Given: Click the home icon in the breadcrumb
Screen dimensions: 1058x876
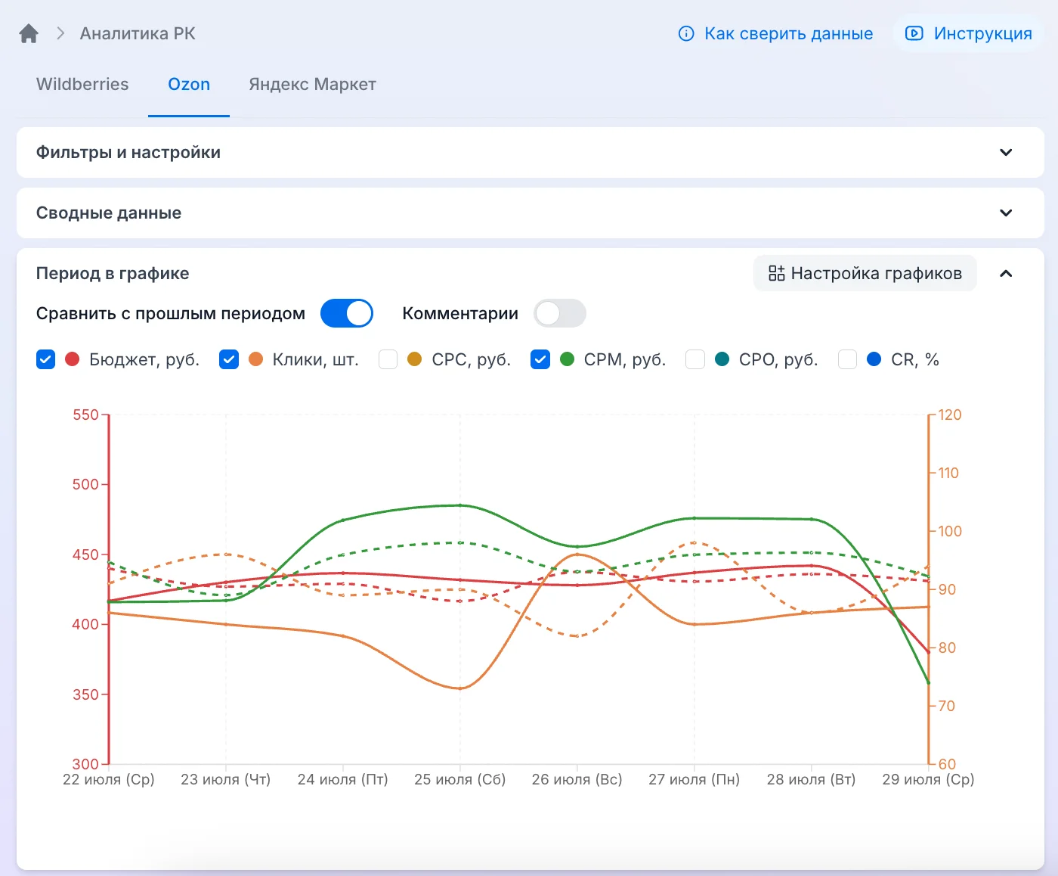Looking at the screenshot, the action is [x=29, y=33].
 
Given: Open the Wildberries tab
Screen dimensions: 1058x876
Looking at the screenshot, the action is [x=82, y=84].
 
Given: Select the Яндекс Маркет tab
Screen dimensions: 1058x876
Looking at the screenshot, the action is [x=312, y=84].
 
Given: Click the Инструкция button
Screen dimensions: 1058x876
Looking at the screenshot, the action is [x=968, y=33].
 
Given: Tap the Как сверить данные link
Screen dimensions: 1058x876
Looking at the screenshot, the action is [x=775, y=33].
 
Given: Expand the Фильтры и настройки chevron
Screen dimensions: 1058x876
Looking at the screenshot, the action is [x=1006, y=152].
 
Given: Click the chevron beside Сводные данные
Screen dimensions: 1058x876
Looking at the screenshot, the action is [x=1006, y=213].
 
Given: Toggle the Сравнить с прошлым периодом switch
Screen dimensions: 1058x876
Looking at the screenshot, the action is [x=347, y=313].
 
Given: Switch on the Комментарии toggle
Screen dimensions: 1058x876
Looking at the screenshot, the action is [x=560, y=313].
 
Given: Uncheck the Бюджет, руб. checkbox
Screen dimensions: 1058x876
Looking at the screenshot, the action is [x=45, y=359].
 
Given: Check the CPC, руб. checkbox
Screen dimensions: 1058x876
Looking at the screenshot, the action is [x=388, y=359].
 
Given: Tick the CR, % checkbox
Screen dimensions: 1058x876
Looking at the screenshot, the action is [x=847, y=359].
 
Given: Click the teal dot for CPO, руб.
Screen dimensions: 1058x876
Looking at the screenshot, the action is [x=722, y=359].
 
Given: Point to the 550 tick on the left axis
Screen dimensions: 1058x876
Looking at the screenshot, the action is [x=85, y=415].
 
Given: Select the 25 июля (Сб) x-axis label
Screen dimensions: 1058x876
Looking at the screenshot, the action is [x=460, y=779].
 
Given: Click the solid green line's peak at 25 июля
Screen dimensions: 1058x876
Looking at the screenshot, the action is [x=460, y=505].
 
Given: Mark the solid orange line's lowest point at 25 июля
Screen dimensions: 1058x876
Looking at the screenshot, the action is [x=460, y=688].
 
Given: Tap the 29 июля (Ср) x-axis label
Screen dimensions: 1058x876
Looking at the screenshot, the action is [x=928, y=779].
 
